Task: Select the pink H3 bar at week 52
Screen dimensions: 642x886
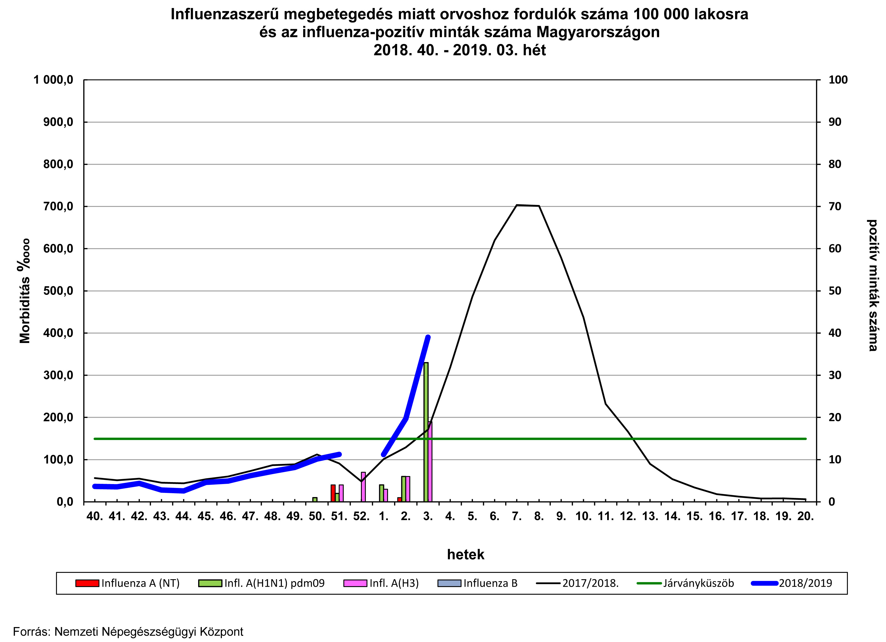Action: [x=363, y=487]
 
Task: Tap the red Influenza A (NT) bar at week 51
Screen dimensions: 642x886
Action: [x=333, y=493]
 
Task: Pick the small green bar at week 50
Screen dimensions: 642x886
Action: [x=315, y=499]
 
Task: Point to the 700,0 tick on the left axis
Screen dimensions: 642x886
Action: [x=58, y=206]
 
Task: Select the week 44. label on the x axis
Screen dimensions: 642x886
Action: [x=184, y=516]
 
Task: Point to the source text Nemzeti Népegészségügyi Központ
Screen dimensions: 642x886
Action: [x=148, y=632]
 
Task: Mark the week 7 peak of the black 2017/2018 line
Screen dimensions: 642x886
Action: [x=517, y=205]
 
